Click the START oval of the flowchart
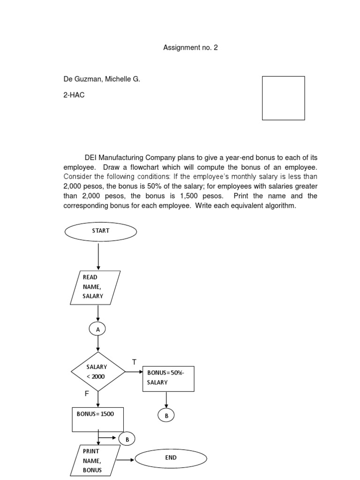[x=101, y=231]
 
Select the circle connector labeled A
[x=98, y=330]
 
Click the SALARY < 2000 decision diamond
[x=98, y=372]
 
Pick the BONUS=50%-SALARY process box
[x=168, y=378]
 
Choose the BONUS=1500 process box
[x=97, y=419]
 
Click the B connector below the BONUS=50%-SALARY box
[x=166, y=415]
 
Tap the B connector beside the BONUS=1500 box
[x=127, y=439]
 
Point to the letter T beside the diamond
[x=134, y=362]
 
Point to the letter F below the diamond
[x=86, y=394]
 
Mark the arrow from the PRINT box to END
[x=125, y=460]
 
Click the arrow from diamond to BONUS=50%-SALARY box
[x=134, y=372]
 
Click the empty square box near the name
[x=283, y=98]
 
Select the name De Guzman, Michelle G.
[x=102, y=79]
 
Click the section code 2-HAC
[x=74, y=95]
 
